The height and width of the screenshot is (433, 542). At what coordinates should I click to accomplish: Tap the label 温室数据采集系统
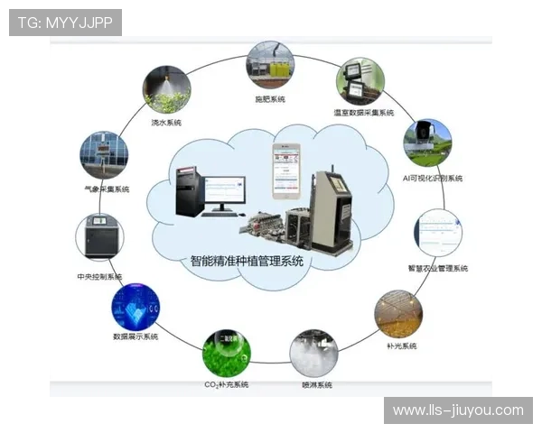363,113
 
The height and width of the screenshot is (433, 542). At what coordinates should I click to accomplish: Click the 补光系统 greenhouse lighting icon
398,314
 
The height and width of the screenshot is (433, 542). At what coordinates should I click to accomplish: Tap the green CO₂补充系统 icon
227,352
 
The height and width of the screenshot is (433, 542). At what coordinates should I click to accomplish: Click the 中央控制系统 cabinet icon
99,237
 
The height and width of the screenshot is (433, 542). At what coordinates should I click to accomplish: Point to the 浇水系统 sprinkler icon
166,89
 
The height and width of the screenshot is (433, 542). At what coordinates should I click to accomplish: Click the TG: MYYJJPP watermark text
65,23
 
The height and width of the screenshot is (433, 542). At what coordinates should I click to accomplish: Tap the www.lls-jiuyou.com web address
458,410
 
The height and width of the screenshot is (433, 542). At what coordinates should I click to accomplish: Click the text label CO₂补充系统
227,385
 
